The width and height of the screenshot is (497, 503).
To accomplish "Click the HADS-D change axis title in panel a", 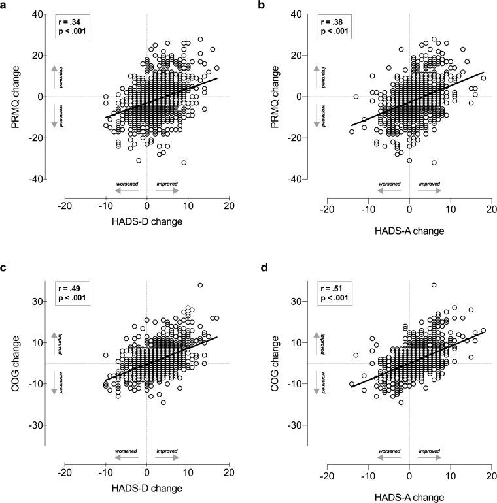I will coord(146,222).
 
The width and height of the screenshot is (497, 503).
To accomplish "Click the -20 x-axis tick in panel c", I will coord(64,470).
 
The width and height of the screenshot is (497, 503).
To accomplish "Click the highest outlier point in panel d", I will coord(434,285).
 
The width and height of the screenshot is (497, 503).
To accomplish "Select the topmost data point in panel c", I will coord(200,285).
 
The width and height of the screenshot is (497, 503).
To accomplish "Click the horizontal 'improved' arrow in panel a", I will coord(167,192).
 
